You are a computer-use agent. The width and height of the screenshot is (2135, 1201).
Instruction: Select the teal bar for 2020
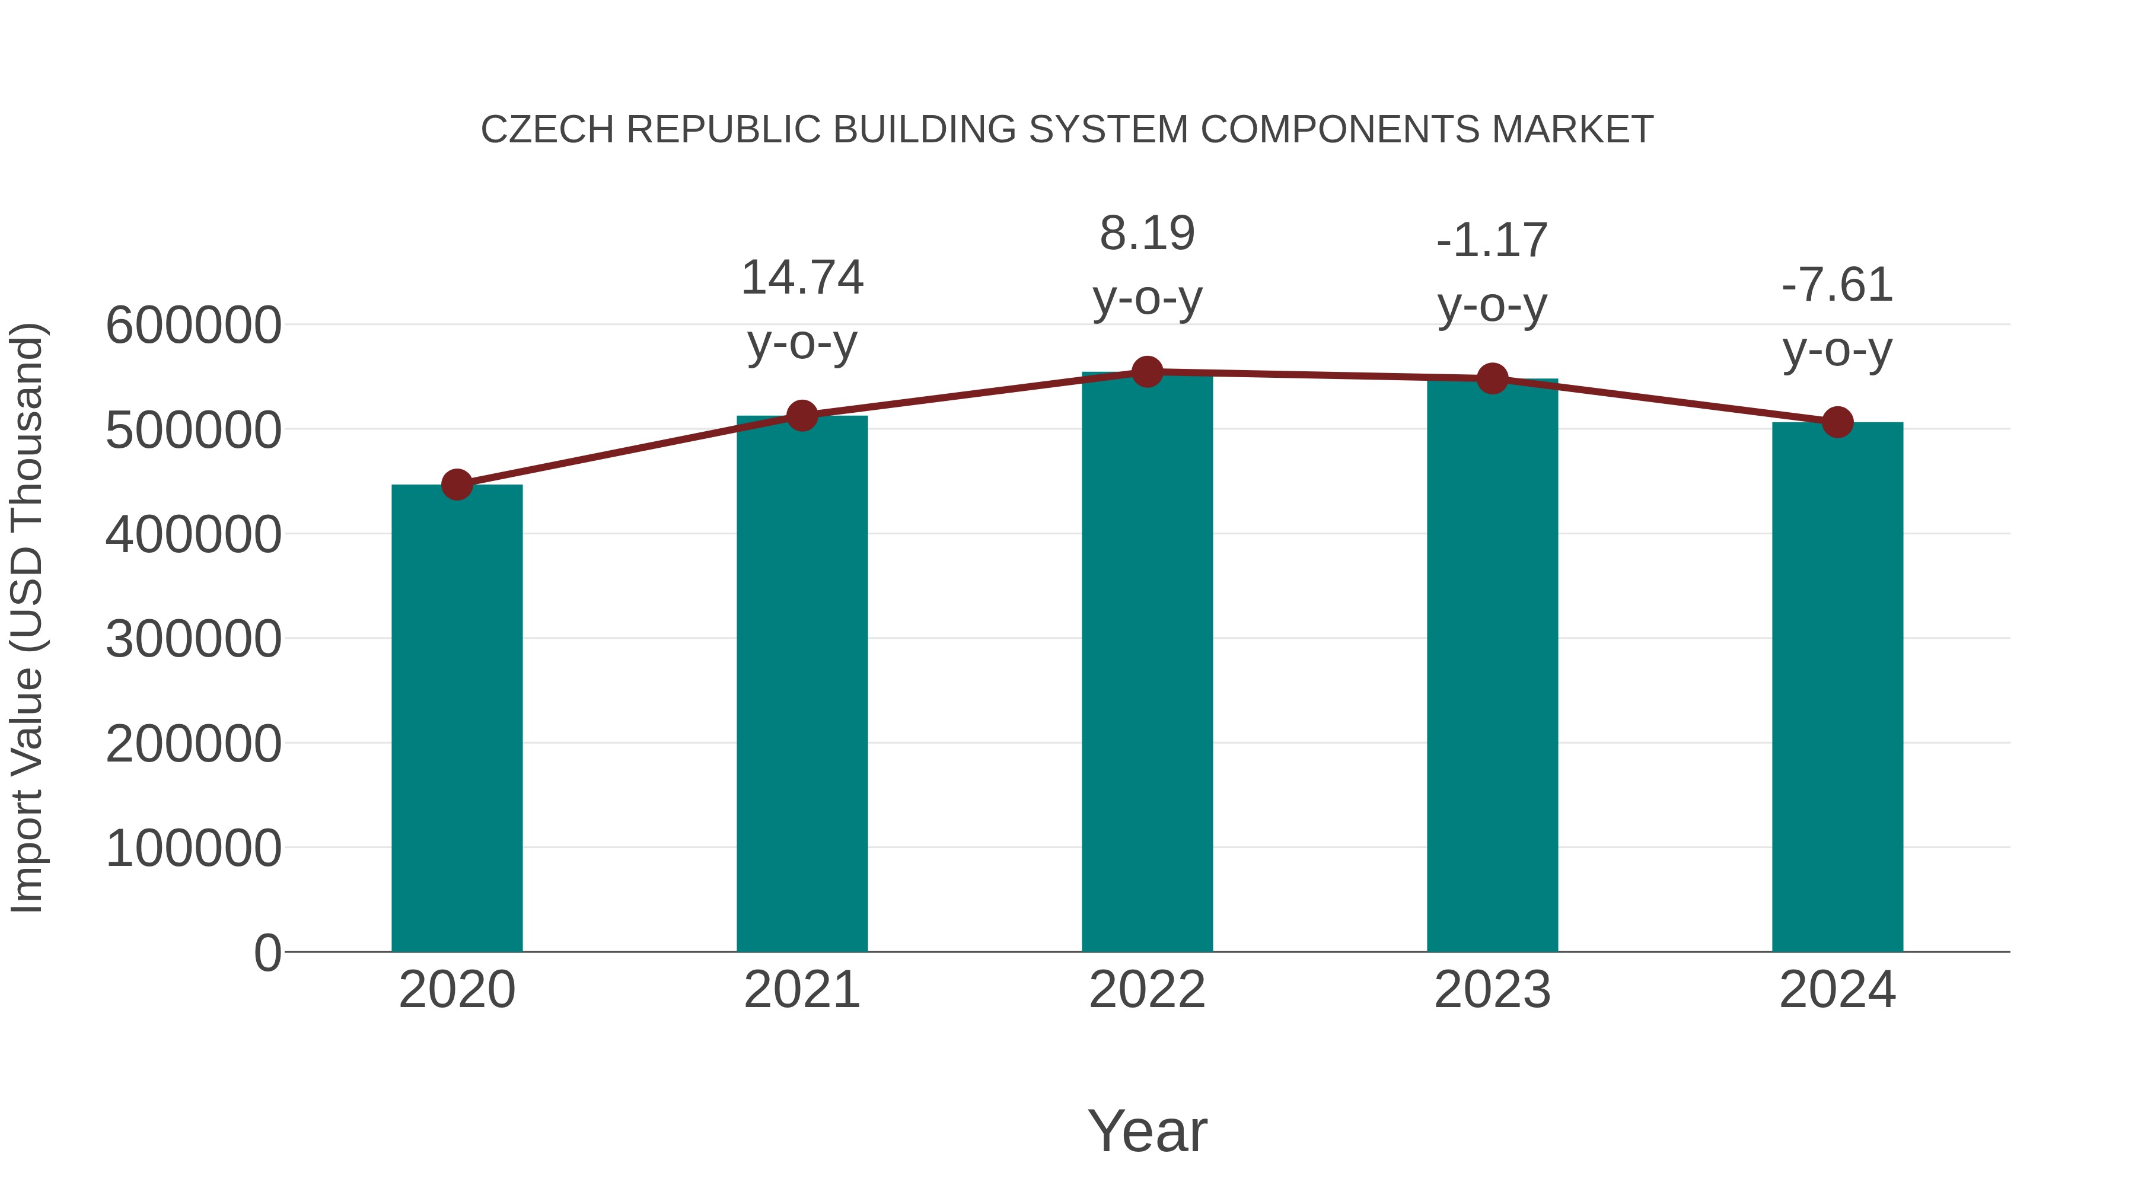tap(457, 718)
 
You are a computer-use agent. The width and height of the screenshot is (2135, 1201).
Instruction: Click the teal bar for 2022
tap(1147, 663)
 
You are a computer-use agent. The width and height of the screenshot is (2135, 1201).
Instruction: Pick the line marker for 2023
tap(1493, 379)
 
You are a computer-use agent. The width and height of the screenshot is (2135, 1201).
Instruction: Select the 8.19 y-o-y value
tap(1147, 234)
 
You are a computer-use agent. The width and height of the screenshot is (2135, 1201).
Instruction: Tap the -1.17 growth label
tap(1493, 241)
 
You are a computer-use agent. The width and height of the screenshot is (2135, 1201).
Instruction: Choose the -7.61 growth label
tap(1837, 285)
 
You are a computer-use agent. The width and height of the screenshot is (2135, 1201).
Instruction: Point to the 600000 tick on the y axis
tap(193, 325)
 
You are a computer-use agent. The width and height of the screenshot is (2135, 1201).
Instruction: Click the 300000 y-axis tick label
tap(193, 639)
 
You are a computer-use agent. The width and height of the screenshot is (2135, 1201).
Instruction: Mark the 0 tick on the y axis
tap(267, 953)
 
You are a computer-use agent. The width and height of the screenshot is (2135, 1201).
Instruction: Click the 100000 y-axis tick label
tap(193, 849)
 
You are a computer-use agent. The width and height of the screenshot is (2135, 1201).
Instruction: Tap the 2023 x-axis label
tap(1493, 990)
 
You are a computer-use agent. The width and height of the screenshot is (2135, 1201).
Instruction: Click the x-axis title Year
tap(1147, 1130)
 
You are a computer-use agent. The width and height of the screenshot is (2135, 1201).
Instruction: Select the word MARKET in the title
tap(1572, 130)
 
